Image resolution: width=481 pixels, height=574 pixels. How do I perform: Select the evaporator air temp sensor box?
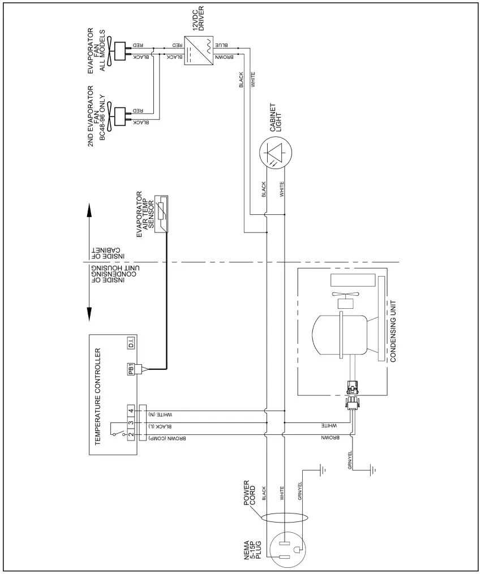pyautogui.click(x=162, y=213)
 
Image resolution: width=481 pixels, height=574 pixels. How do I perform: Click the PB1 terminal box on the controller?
pyautogui.click(x=131, y=369)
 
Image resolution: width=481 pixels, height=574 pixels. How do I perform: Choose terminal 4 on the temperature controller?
pyautogui.click(x=131, y=411)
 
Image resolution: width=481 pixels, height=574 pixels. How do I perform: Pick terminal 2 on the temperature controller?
pyautogui.click(x=131, y=434)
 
